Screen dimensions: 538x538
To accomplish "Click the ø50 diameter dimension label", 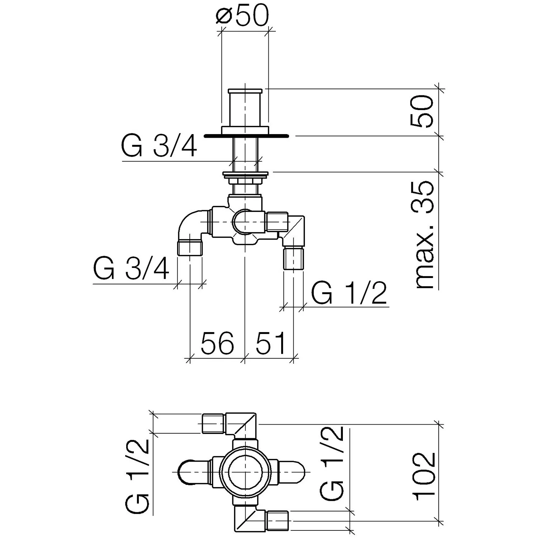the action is (x=242, y=16).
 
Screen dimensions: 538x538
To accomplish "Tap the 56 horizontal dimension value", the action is (x=217, y=343).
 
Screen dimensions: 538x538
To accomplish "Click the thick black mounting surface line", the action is (x=246, y=136).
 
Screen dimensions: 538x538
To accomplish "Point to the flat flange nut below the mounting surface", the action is (x=245, y=175).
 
